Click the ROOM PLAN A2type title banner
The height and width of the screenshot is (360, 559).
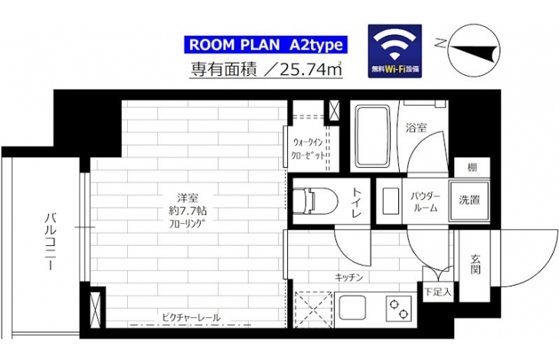pos(266,45)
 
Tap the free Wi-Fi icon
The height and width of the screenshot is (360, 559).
pos(394,51)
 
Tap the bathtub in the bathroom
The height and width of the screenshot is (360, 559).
pos(373,136)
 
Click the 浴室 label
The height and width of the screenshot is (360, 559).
pos(416,128)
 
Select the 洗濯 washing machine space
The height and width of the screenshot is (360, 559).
pos(469,201)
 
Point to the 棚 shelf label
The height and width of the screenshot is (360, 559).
pos(472,167)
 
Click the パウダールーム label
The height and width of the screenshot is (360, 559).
pos(425,201)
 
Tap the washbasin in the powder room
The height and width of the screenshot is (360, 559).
pos(391,201)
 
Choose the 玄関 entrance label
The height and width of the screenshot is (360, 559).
pos(475,264)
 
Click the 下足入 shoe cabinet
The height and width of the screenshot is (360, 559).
pos(438,293)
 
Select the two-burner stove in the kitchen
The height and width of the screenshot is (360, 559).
pos(398,309)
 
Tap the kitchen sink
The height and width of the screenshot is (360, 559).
pos(352,308)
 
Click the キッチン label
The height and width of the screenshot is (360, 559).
pos(348,277)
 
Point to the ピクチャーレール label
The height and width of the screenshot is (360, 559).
pos(191,317)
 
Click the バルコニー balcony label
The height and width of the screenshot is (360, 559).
pos(51,241)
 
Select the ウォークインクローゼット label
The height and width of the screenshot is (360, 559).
pos(309,149)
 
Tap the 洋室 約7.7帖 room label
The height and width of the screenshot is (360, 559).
pos(188,211)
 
